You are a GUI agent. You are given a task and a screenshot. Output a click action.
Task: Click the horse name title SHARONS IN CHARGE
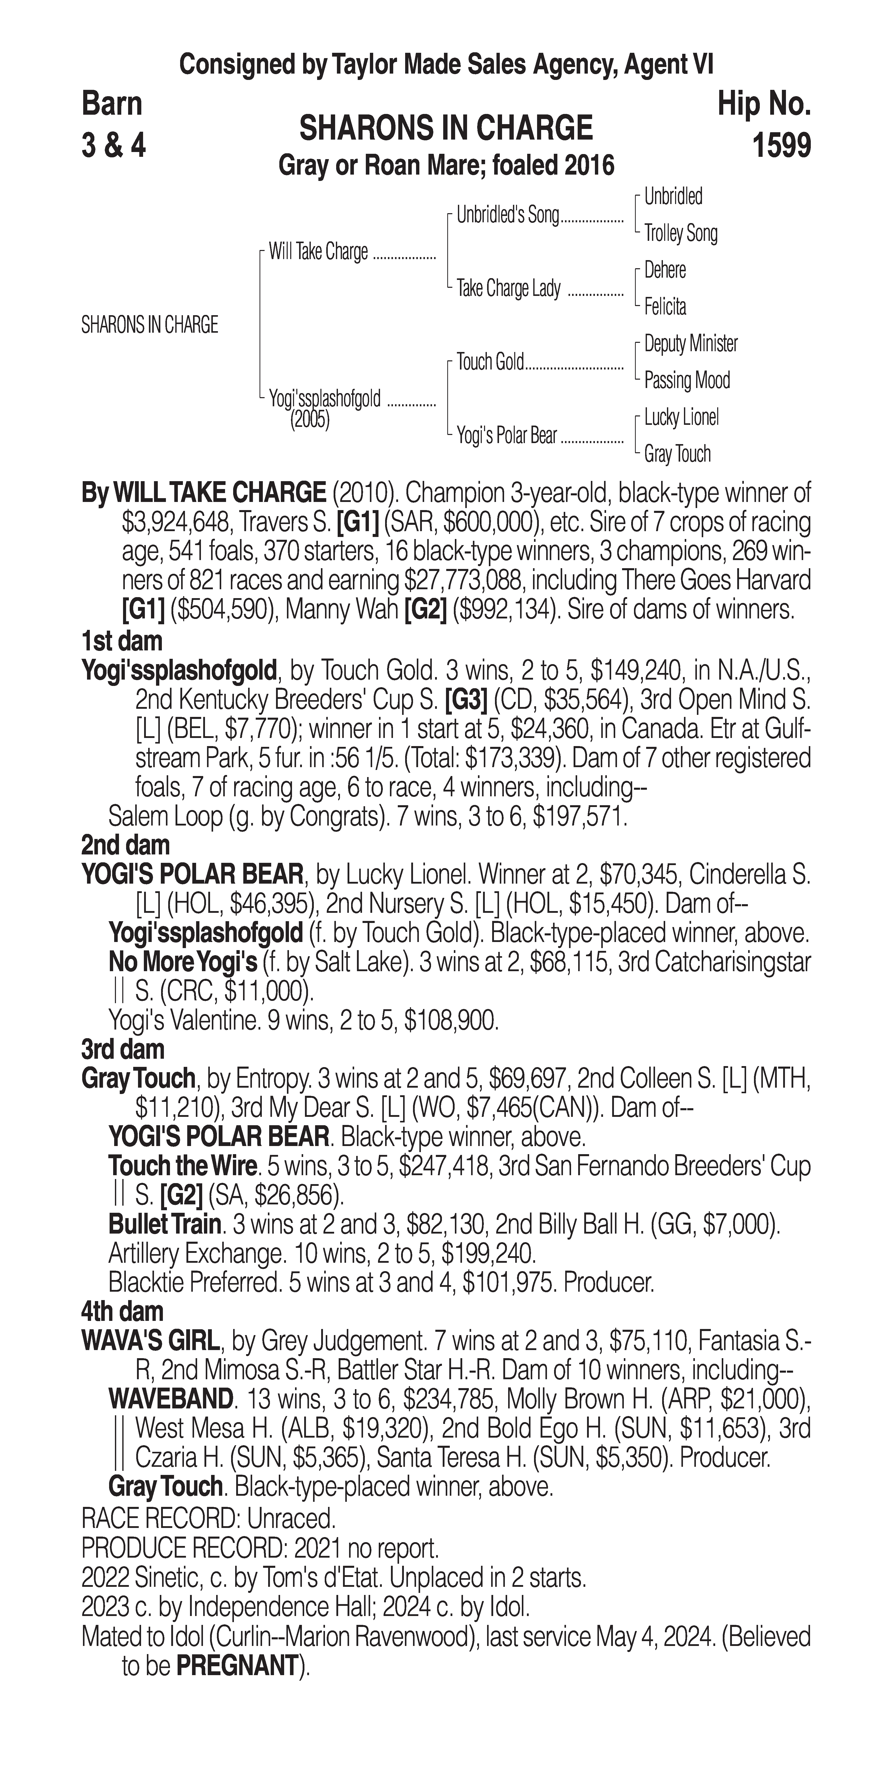[446, 128]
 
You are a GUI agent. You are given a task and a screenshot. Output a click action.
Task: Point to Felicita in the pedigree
[665, 307]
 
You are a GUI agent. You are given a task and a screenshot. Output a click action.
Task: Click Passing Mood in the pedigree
[687, 380]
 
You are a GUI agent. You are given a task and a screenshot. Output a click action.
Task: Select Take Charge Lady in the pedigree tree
[508, 288]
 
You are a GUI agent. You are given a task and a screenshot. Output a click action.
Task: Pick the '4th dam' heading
[123, 1311]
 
